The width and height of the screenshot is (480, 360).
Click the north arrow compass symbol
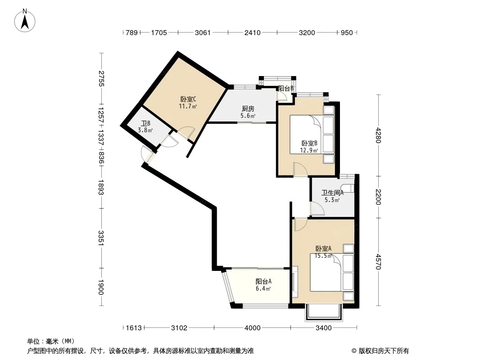25,21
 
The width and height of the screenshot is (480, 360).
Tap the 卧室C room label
188,99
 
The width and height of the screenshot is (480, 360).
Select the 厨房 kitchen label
248,108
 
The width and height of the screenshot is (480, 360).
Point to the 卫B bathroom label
145,123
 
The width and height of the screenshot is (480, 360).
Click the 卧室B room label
309,143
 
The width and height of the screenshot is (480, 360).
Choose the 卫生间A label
332,193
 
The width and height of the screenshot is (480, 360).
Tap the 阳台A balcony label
263,281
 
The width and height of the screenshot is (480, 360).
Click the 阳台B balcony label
286,88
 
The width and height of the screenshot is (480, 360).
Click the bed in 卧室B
312,135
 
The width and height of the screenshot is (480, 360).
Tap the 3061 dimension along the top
203,32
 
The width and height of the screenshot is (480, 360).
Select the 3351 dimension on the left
101,238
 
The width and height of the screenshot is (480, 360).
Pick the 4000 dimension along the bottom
253,328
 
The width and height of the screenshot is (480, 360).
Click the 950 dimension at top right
347,32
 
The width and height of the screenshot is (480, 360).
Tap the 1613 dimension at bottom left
134,328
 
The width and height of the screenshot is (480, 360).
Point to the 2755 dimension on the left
101,78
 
